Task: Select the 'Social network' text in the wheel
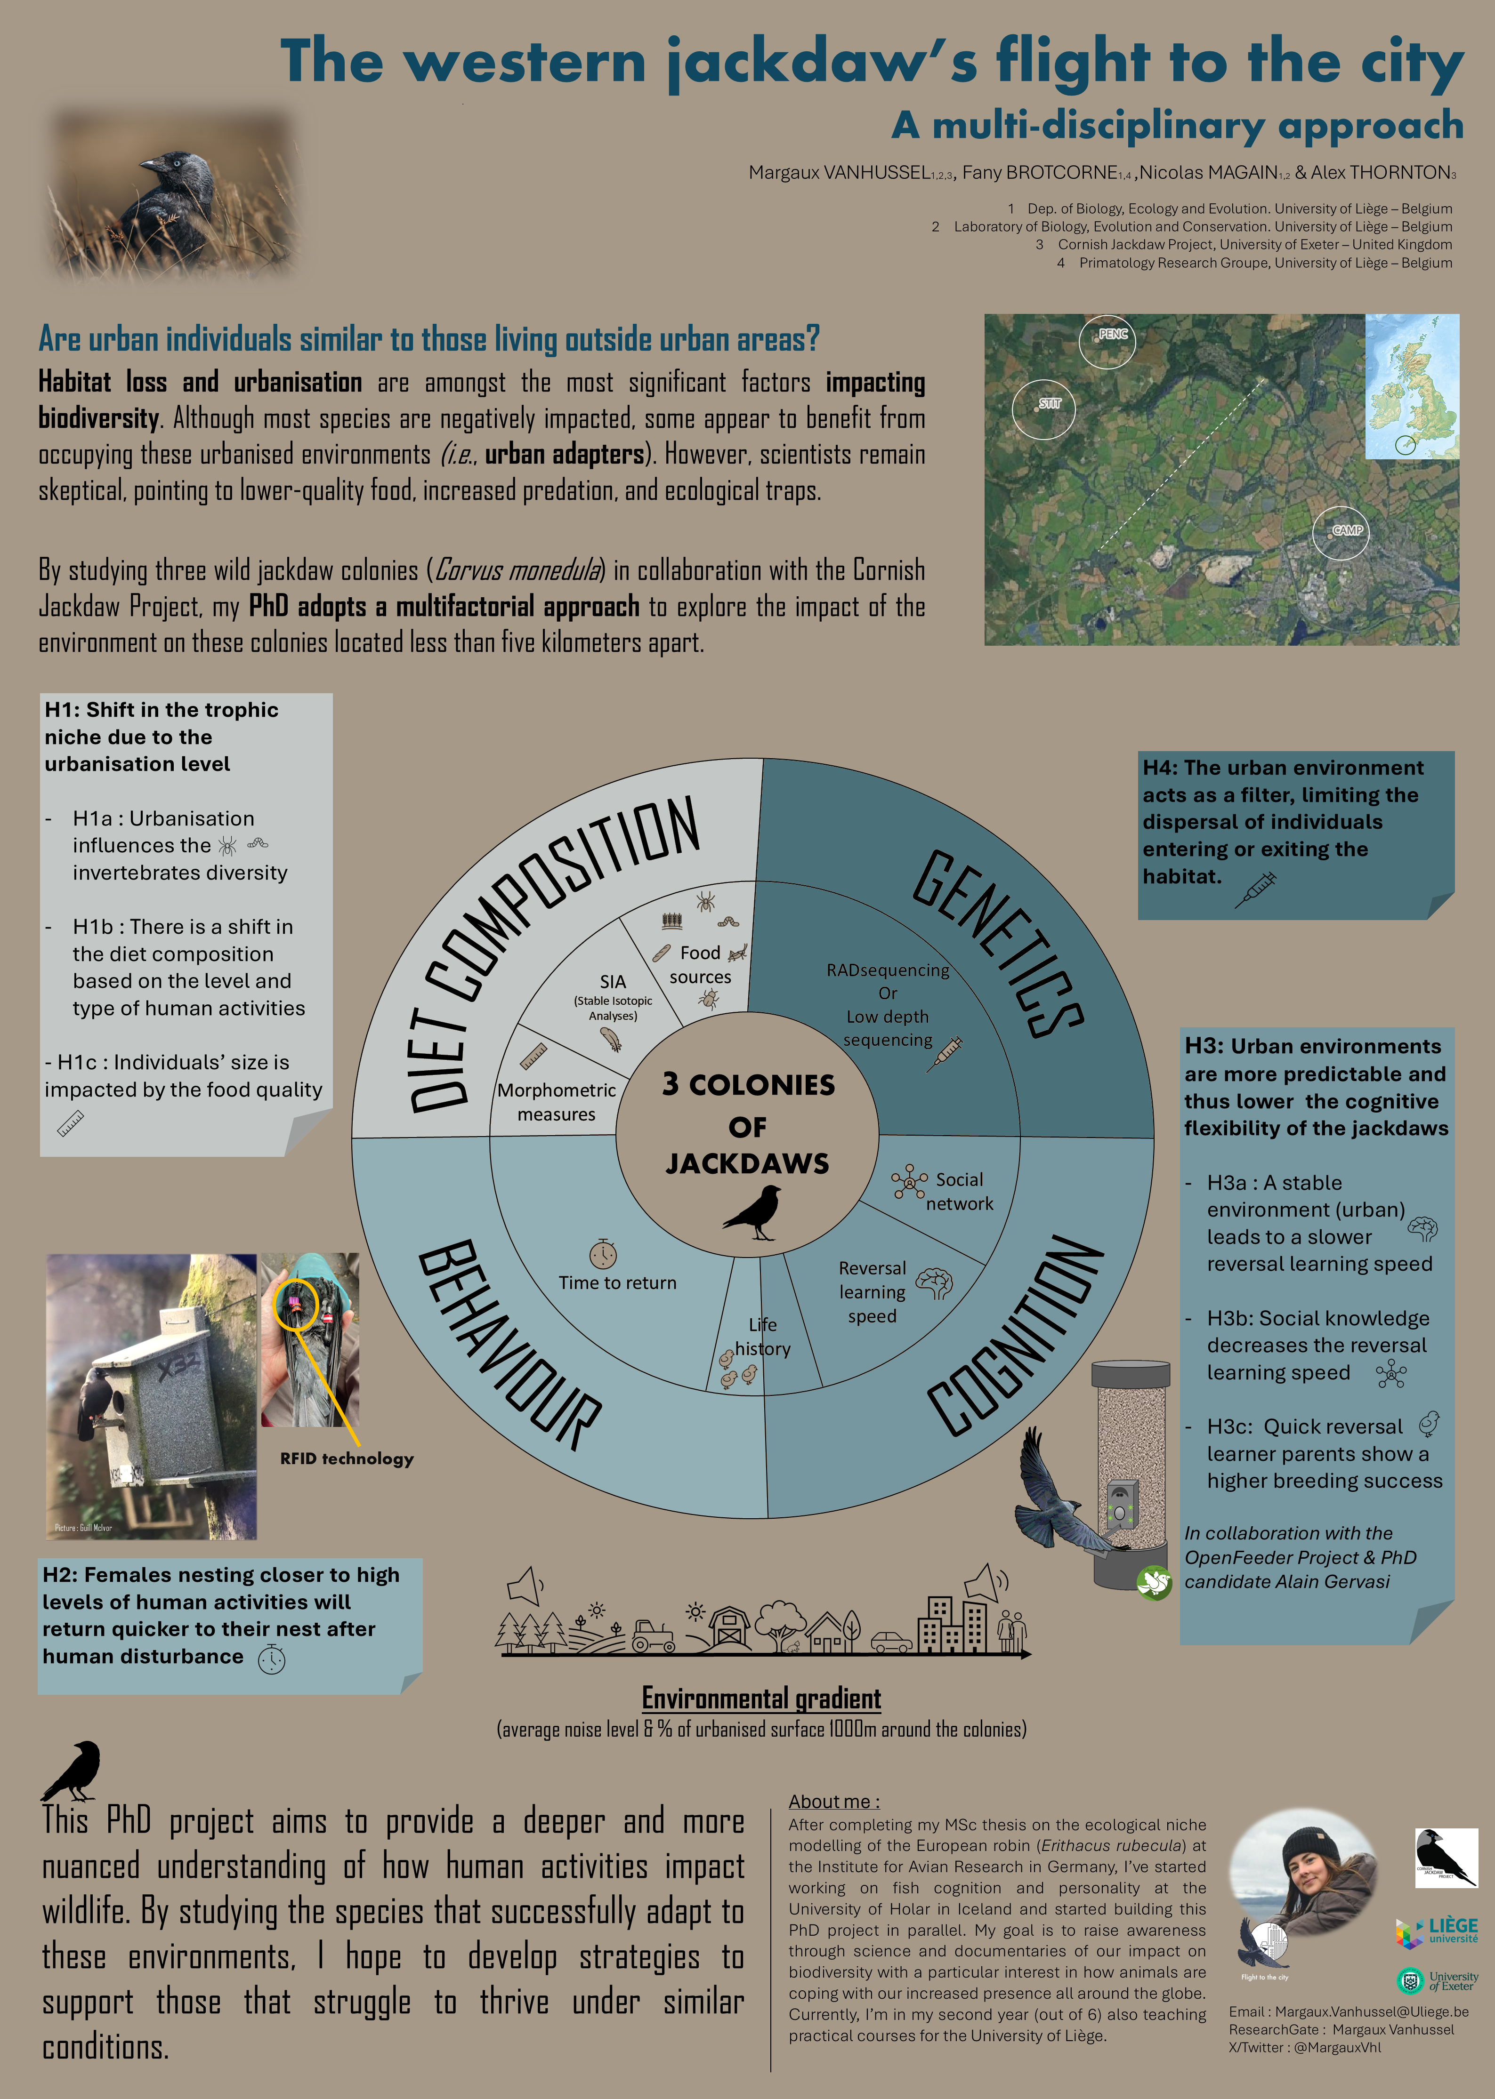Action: tap(959, 1192)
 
